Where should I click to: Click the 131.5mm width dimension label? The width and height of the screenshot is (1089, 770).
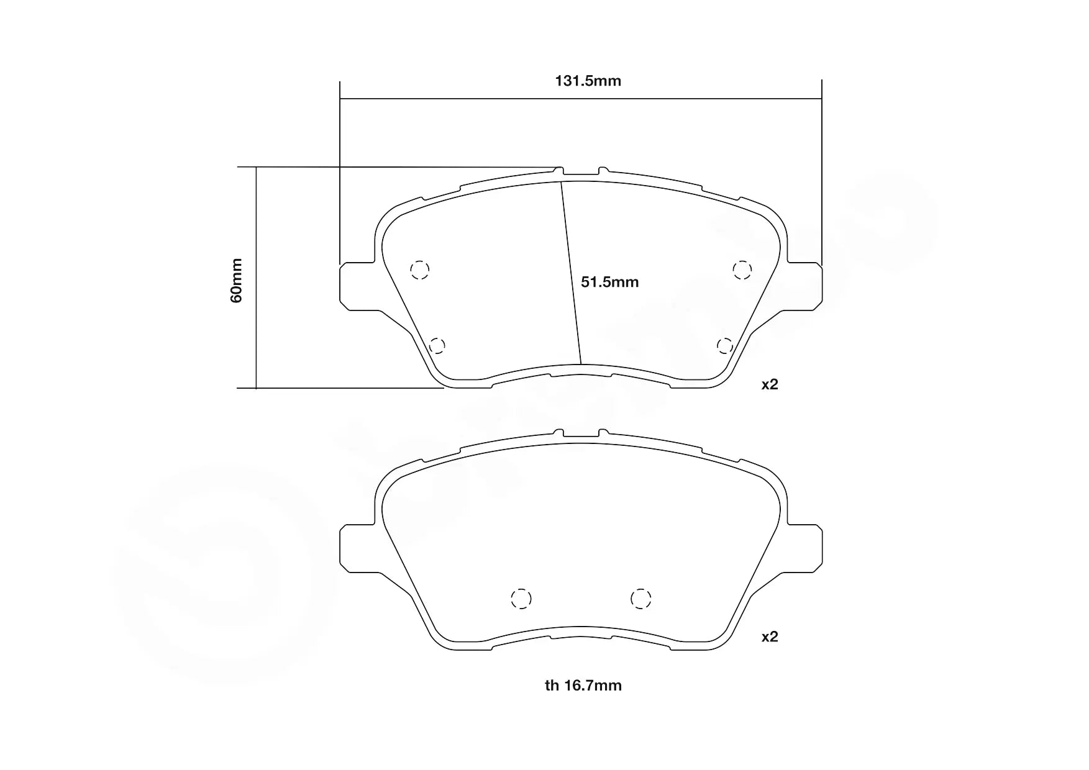[x=588, y=81]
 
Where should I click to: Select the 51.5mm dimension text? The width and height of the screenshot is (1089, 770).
[x=609, y=283]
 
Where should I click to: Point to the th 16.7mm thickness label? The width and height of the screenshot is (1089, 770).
[x=583, y=686]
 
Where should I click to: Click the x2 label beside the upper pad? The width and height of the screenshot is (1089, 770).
[x=770, y=384]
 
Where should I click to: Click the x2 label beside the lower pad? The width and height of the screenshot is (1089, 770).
[x=770, y=637]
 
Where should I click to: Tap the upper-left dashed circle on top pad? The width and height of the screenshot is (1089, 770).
[x=420, y=269]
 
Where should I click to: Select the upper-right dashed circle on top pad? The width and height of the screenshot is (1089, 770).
[x=742, y=269]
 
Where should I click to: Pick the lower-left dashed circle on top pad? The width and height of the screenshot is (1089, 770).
[x=437, y=345]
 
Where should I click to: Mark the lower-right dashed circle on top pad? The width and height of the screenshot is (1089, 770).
[x=724, y=345]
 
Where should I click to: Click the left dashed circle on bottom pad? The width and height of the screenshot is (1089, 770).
[x=521, y=599]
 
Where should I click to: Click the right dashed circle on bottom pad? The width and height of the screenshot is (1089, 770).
[x=640, y=599]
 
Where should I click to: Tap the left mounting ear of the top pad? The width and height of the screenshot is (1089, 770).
[x=357, y=286]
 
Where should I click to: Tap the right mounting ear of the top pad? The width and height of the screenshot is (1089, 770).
[x=804, y=286]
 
